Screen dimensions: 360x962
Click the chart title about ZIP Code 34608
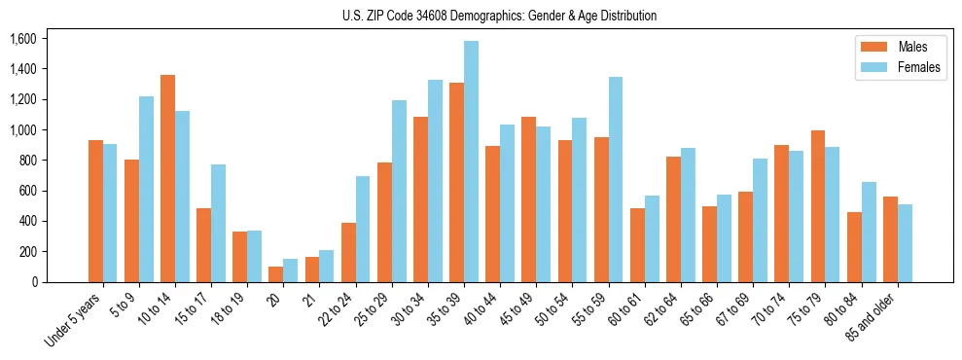pyautogui.click(x=499, y=16)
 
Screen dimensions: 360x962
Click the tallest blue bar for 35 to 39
pyautogui.click(x=471, y=162)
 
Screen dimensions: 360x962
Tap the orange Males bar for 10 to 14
pyautogui.click(x=167, y=178)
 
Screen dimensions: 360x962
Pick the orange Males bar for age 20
pyautogui.click(x=276, y=274)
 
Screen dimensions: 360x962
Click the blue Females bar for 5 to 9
pyautogui.click(x=146, y=189)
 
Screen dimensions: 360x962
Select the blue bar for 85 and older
pyautogui.click(x=905, y=243)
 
